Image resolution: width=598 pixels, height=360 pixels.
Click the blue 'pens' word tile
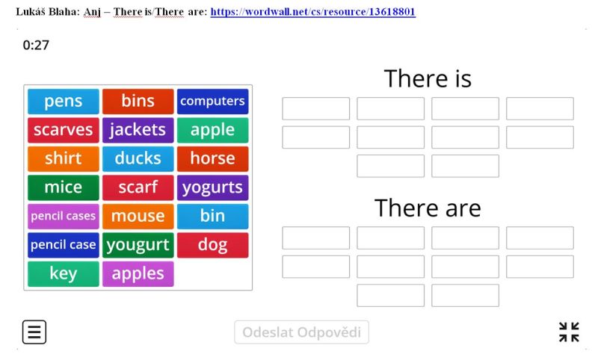tap(64, 102)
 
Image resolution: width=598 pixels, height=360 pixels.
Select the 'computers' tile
tap(213, 102)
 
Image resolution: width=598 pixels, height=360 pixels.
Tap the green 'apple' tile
tap(213, 130)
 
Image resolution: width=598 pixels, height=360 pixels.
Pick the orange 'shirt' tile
tap(64, 158)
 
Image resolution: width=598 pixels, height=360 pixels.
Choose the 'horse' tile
tap(213, 158)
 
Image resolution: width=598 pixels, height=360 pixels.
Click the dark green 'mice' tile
tap(64, 187)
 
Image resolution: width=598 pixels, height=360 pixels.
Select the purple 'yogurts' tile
tap(213, 187)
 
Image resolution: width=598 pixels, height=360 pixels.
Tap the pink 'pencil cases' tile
tap(64, 216)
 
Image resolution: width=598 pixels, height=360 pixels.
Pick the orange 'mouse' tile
tap(138, 216)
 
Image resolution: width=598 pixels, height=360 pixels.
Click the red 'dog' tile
tap(213, 245)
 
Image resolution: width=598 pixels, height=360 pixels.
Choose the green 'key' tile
tap(64, 273)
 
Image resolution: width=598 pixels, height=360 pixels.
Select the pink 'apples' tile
tap(138, 273)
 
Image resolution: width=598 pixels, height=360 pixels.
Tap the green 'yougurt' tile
tap(138, 245)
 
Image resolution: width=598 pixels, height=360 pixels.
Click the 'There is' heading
tap(428, 78)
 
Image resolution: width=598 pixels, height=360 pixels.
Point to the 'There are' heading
tap(428, 208)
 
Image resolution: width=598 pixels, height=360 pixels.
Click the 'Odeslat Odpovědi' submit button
tap(301, 332)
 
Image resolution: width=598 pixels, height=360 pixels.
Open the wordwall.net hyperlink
tap(312, 12)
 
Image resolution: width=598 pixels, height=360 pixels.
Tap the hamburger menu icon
tap(34, 332)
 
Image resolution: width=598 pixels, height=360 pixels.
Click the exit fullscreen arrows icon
tap(569, 332)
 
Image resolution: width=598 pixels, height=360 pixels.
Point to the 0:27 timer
tap(36, 46)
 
